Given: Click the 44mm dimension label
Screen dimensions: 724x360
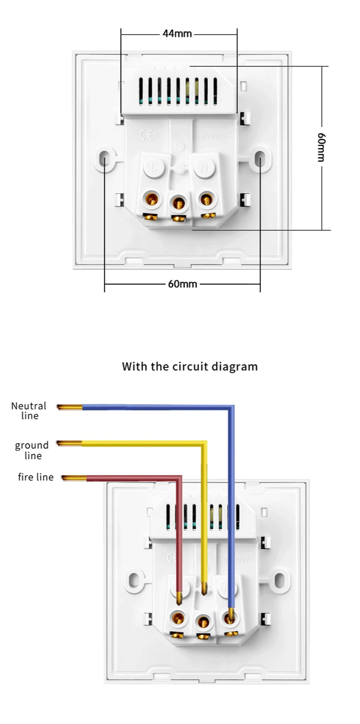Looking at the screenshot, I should (177, 34).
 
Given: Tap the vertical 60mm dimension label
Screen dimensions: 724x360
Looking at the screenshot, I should (322, 147).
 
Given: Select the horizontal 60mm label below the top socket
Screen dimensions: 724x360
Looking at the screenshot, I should (182, 284).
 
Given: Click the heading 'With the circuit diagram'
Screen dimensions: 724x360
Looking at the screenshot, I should (190, 367).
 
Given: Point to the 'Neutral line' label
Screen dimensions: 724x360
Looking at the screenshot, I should (29, 411).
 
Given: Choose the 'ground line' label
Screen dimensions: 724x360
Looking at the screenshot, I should (32, 450).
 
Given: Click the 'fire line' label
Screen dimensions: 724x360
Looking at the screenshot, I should (36, 477).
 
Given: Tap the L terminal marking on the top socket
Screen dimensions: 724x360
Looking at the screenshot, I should (153, 167).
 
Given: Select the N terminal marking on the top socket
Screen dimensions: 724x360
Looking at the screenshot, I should (204, 167).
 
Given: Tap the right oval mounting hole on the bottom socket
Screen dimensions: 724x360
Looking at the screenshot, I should (279, 580).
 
